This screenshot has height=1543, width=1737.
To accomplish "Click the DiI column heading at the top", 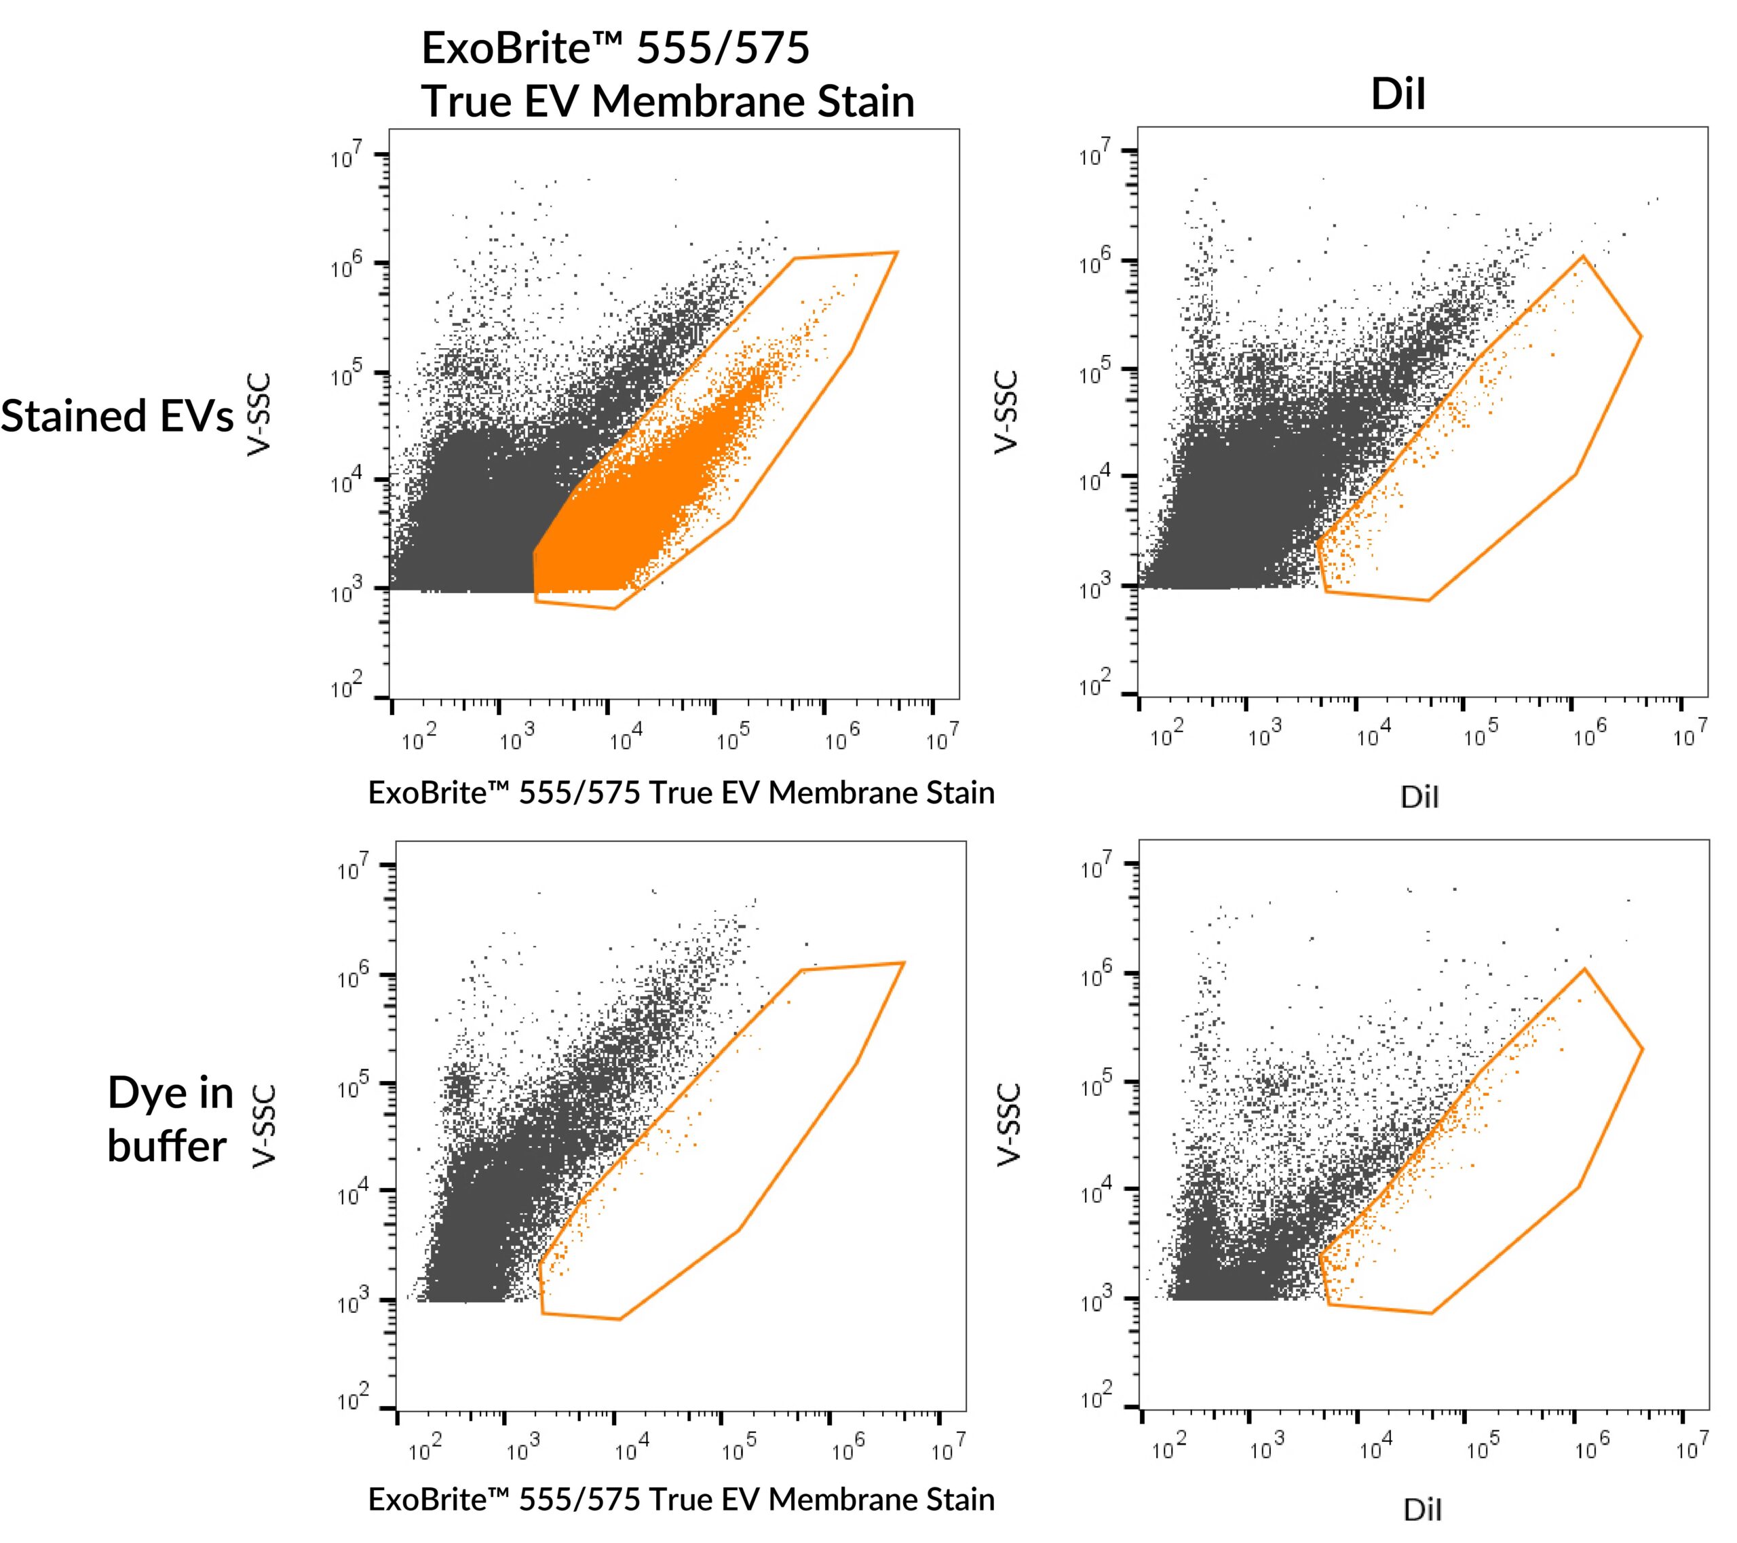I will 1398,94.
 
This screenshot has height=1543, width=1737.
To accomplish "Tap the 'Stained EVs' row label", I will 117,417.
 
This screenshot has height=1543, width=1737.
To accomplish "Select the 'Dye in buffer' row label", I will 170,1119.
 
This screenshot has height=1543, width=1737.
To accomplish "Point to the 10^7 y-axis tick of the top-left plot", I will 347,156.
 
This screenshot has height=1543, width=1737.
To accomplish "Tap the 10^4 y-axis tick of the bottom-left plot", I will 354,1193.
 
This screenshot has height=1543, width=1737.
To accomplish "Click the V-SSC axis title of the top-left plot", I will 259,415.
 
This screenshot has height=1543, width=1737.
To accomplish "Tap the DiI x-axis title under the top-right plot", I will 1419,797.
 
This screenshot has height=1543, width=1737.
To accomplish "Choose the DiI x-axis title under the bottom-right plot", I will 1423,1510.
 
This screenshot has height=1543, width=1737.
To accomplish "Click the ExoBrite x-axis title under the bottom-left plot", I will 681,1500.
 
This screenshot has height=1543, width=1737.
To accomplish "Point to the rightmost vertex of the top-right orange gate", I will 1641,337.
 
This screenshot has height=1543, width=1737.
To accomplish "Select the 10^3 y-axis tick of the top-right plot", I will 1096,587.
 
